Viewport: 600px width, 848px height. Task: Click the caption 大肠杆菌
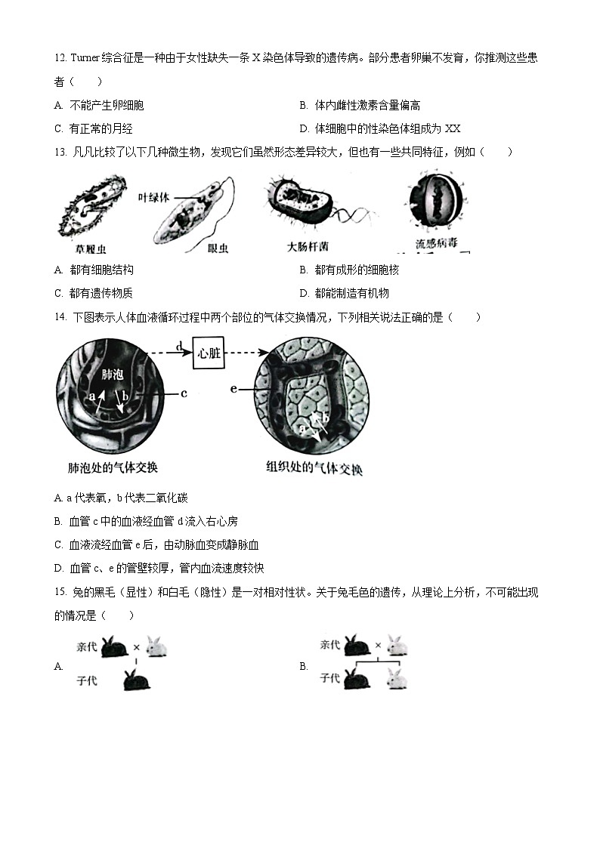click(x=308, y=247)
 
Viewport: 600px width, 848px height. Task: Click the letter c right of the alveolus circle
click(x=184, y=393)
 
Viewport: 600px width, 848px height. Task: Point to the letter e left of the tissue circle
click(x=234, y=388)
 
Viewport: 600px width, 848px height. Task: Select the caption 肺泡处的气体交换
click(x=113, y=467)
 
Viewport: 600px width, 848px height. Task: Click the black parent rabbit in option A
click(x=116, y=646)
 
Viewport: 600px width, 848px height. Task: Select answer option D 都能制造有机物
click(x=345, y=293)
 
